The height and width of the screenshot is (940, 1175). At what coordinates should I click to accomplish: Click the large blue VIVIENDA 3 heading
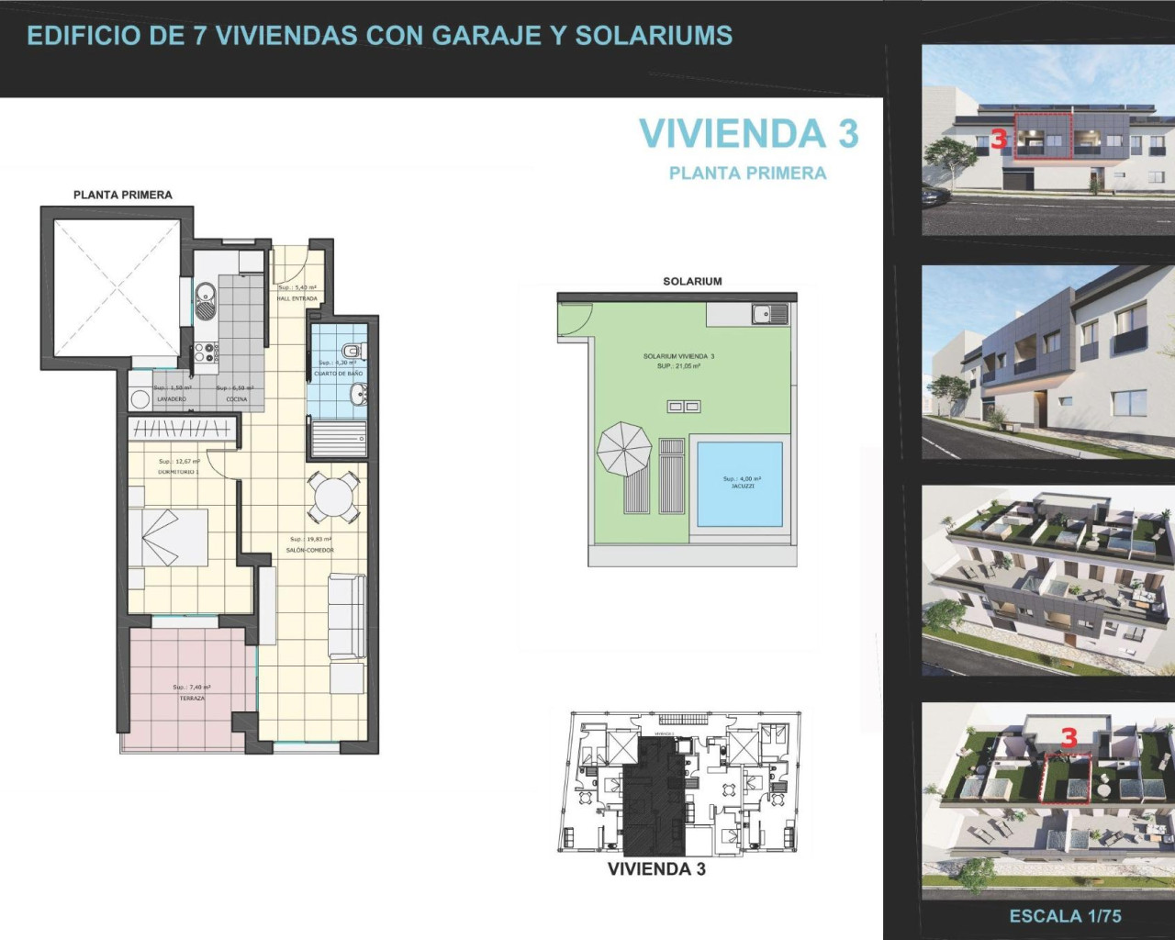748,134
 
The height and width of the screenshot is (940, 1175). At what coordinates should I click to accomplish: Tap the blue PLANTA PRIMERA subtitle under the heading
747,173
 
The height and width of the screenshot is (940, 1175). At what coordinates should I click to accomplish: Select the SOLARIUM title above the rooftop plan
692,282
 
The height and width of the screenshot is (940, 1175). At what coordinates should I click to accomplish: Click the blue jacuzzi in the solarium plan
740,484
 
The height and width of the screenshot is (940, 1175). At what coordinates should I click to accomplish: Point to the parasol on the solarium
624,448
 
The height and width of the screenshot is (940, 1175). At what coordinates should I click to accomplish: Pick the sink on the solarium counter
769,314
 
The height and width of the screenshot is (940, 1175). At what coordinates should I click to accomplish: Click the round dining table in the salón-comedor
332,497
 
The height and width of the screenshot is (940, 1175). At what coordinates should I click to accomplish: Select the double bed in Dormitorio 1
168,537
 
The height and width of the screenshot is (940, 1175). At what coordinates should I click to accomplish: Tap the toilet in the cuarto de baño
352,351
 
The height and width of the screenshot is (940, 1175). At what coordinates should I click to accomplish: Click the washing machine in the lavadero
140,399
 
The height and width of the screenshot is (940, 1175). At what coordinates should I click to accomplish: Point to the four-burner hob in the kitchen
205,352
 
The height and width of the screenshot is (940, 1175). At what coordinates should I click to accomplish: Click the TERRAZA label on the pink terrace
192,699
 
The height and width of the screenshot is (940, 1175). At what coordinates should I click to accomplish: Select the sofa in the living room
347,615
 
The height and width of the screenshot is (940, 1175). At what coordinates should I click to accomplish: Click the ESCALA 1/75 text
1065,916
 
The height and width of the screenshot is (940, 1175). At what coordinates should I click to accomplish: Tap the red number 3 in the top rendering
999,140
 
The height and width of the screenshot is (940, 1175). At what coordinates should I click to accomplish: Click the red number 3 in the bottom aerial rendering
1069,737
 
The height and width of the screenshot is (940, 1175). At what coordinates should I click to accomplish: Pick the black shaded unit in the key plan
654,789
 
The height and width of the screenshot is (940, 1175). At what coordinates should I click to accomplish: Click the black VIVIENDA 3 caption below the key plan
656,869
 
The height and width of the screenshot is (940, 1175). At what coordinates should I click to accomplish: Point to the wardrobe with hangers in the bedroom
181,428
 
